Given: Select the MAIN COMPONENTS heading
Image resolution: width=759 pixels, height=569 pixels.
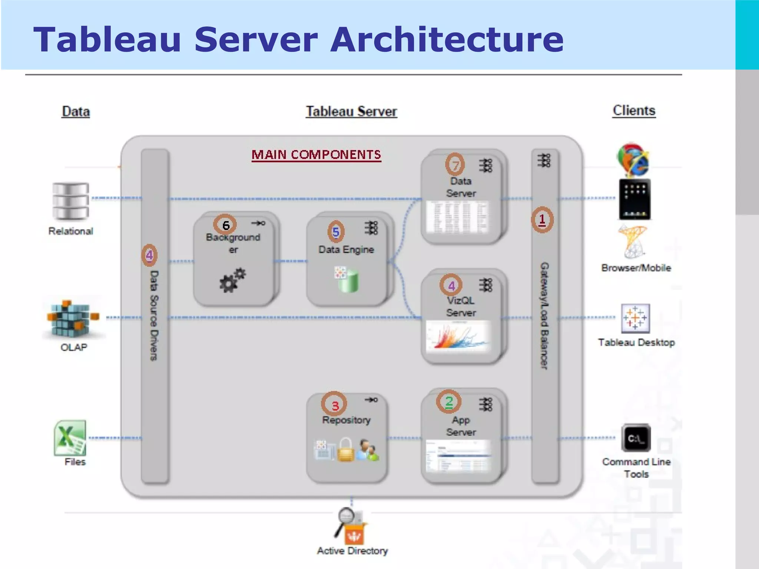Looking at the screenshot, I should [316, 154].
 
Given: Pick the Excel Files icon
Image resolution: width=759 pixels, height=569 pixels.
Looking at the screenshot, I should [70, 438].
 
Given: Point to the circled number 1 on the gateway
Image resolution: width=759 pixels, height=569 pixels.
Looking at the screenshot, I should [542, 220].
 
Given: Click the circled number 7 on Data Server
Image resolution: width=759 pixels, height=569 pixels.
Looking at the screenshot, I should [455, 164].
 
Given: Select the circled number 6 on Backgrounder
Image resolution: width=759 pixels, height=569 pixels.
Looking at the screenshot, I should [225, 225].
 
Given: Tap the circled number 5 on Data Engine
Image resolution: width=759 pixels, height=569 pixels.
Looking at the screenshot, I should [336, 232].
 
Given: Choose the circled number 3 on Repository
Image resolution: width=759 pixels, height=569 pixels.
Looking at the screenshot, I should [334, 404].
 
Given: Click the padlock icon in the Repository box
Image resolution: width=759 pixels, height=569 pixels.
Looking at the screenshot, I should [345, 450].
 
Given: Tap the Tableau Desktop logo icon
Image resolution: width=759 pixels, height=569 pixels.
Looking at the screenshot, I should [635, 318].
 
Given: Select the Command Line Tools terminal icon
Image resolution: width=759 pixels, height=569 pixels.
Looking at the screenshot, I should [636, 438].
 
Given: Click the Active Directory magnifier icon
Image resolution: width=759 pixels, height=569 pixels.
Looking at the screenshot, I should [347, 516].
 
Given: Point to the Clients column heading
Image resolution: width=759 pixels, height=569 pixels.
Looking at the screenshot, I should [634, 110].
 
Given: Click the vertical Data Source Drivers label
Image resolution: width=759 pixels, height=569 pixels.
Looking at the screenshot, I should [154, 315].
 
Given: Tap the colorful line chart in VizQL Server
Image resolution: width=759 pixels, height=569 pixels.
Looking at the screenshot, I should [457, 336].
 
